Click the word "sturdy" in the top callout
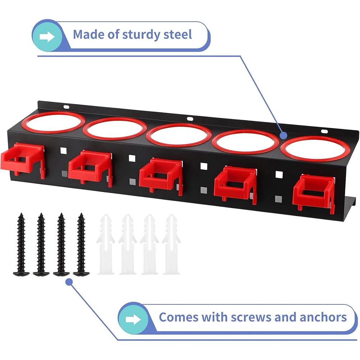pos(141,35)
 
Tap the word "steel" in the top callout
pos(178,35)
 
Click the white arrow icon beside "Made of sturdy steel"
pos(47,37)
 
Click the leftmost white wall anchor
pos(106,244)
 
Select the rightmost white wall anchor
pos(171,244)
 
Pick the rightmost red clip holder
pos(314,195)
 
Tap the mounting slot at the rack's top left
pos(66,107)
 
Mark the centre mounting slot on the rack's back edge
pos(190,119)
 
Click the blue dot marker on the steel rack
pos(284,136)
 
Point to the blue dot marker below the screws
pos(69,282)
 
